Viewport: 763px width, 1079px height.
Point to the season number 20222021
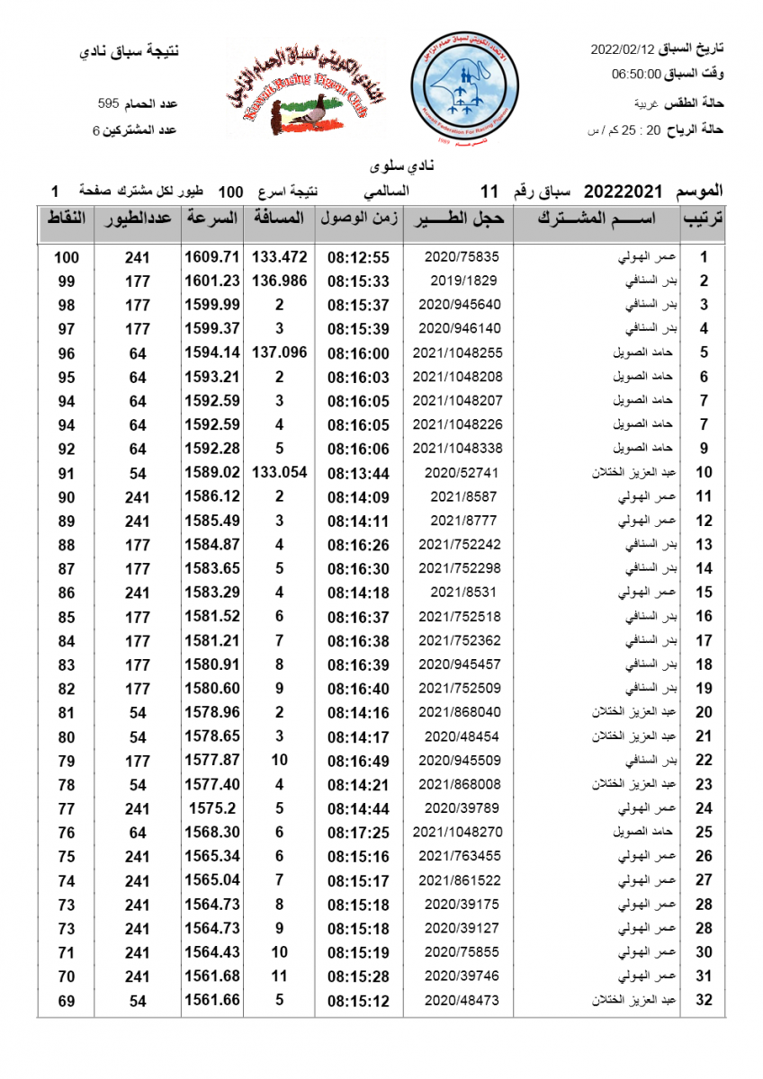click(623, 192)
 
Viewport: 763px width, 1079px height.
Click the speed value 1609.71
click(212, 257)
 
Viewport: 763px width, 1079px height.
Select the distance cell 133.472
click(279, 257)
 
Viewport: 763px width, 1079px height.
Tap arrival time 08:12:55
click(358, 257)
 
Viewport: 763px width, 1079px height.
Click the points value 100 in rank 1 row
click(66, 257)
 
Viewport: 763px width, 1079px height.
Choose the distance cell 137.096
click(279, 352)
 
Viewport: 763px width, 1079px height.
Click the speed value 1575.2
click(212, 808)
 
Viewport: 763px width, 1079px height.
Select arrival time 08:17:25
click(358, 832)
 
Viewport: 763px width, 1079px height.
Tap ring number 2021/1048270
click(457, 832)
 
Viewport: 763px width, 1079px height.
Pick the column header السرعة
click(212, 218)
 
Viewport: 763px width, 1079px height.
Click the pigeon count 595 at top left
click(109, 104)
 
